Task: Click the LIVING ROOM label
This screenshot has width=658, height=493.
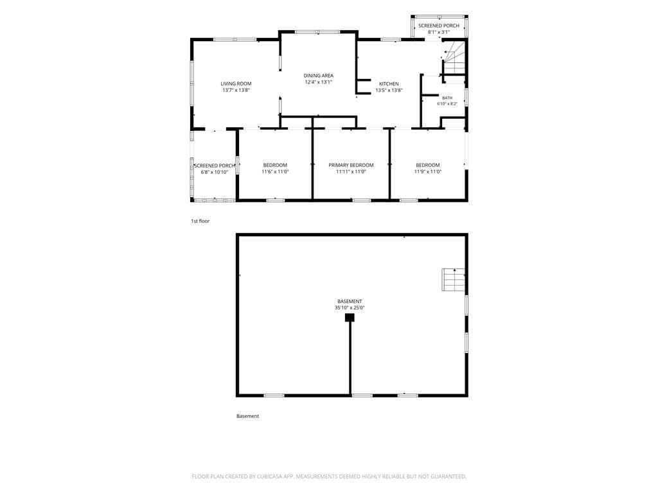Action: [236, 84]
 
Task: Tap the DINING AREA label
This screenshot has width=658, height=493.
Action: [319, 76]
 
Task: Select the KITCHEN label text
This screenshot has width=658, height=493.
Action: [389, 84]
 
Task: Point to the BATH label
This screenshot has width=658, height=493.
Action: [447, 98]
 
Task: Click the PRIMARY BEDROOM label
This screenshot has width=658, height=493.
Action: [351, 165]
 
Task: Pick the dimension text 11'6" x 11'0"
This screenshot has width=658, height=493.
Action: [275, 171]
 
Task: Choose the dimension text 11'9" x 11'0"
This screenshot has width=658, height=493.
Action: [428, 171]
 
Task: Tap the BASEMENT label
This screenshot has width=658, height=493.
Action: [350, 302]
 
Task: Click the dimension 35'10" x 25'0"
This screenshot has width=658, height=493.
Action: [350, 307]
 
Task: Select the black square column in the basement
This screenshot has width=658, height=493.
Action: [350, 317]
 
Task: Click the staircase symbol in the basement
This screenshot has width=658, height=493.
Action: [453, 280]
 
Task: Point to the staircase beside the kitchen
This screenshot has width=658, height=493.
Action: [454, 57]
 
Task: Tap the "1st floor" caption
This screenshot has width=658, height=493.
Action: [200, 221]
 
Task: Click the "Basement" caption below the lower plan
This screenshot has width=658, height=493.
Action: [247, 416]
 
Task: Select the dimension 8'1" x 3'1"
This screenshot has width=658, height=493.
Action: [438, 32]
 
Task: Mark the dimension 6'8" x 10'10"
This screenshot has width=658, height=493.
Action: [215, 172]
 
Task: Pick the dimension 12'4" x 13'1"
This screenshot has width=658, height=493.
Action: [319, 82]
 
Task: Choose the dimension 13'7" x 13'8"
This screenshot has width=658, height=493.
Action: [236, 90]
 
